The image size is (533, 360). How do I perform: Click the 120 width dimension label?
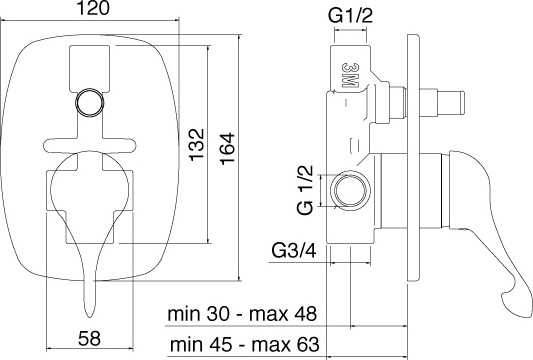point(94,8)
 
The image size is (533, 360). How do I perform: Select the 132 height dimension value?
point(197,144)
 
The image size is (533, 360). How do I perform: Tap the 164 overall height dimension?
point(227,149)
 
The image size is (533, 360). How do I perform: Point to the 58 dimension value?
point(89,338)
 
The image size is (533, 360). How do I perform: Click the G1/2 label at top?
point(350,16)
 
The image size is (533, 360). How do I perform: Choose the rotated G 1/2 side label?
point(305,189)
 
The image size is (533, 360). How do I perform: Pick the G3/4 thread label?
point(294,251)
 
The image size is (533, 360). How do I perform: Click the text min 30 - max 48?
point(242,314)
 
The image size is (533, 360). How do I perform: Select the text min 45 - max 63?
point(245,344)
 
